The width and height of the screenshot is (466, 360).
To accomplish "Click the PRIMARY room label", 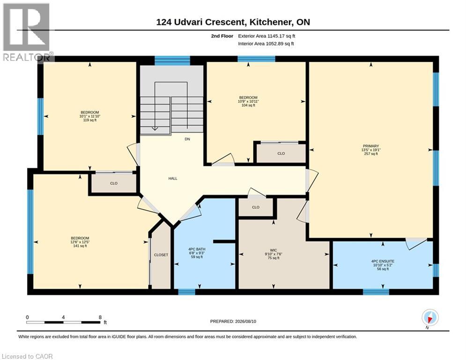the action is pyautogui.click(x=370, y=146).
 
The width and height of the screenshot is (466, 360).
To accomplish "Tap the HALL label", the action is pyautogui.click(x=173, y=179).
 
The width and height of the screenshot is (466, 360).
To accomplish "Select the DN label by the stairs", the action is pyautogui.click(x=187, y=139).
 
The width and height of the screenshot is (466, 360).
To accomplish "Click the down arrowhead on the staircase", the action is pyautogui.click(x=155, y=128).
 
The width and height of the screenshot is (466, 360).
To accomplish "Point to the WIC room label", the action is pyautogui.click(x=274, y=250).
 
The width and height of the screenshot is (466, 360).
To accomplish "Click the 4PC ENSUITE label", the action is pyautogui.click(x=383, y=261).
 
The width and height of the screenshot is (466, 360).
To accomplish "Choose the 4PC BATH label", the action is pyautogui.click(x=197, y=249).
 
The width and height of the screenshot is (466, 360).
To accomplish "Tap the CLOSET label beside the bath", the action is pyautogui.click(x=161, y=255).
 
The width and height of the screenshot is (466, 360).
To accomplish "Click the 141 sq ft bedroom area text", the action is pyautogui.click(x=80, y=246).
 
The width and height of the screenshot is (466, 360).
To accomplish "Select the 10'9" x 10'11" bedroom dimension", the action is pyautogui.click(x=248, y=101).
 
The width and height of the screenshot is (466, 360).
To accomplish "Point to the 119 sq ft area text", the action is pyautogui.click(x=89, y=120).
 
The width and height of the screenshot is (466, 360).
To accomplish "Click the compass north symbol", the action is pyautogui.click(x=430, y=317).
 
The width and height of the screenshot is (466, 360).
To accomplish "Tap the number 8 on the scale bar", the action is pyautogui.click(x=100, y=317).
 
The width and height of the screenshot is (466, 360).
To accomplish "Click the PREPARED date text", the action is pyautogui.click(x=233, y=321).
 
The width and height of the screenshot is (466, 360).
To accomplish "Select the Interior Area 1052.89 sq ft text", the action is pyautogui.click(x=266, y=44).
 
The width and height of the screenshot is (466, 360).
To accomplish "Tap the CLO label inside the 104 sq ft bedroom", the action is pyautogui.click(x=281, y=154).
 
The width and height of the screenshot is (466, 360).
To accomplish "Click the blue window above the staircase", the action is pyautogui.click(x=172, y=60).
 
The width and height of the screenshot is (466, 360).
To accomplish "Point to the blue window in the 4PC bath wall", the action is pyautogui.click(x=187, y=292).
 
